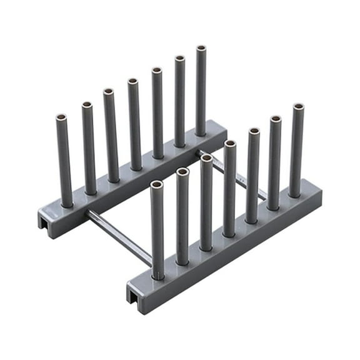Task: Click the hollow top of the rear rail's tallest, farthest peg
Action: [x=201, y=48]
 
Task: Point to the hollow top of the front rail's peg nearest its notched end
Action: [x=156, y=185]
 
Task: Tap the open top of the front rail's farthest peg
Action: [x=298, y=107]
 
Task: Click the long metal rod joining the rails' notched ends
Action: [x=119, y=236]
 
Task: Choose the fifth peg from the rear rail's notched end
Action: [x=157, y=112]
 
